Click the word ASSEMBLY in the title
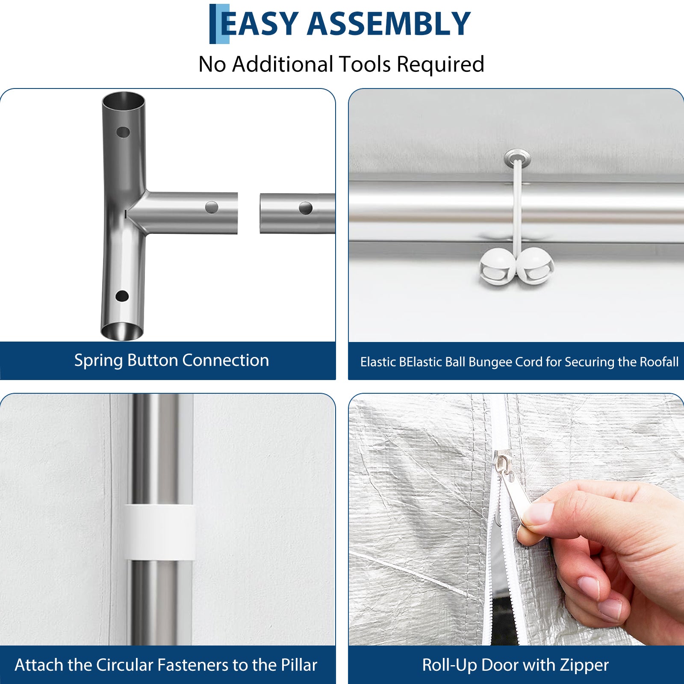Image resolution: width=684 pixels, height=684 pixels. click(x=389, y=24)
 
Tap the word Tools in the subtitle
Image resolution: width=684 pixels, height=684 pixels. click(x=365, y=64)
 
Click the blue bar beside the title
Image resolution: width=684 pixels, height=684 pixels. click(x=219, y=24)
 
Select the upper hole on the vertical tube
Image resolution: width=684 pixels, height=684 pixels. click(x=123, y=132)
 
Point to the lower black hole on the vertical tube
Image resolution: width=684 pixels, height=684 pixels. click(x=122, y=296)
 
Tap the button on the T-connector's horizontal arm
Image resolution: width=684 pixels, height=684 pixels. click(x=212, y=208)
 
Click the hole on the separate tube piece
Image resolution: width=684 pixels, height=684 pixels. click(x=306, y=208)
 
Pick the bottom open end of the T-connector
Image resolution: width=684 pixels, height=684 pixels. click(x=122, y=331)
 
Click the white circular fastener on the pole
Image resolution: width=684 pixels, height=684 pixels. click(x=159, y=532)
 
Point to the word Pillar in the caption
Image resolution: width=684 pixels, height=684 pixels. click(x=299, y=665)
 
